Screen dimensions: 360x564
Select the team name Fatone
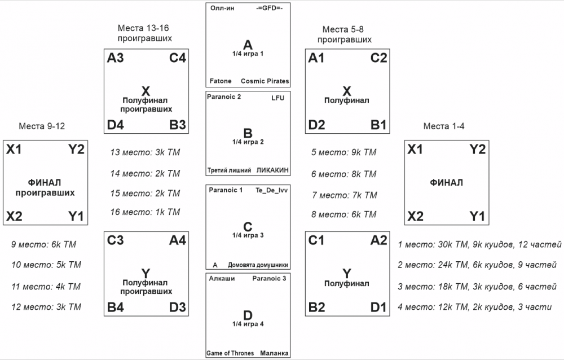tap(221, 81)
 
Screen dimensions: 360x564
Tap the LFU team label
tap(277, 98)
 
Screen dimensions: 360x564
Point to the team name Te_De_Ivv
tap(272, 190)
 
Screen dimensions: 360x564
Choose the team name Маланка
tap(275, 353)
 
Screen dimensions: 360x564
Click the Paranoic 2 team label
tap(224, 97)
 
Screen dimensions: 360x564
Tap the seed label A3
tap(116, 58)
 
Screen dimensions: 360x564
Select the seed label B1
tap(379, 125)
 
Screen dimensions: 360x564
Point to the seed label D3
tap(178, 308)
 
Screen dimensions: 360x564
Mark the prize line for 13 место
tap(146, 152)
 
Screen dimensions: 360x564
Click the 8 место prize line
tap(343, 214)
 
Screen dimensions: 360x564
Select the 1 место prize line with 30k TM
tap(479, 244)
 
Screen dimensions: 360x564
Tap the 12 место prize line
tap(46, 307)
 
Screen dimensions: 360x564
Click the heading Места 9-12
tap(42, 126)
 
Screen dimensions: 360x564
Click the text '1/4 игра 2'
tap(248, 142)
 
